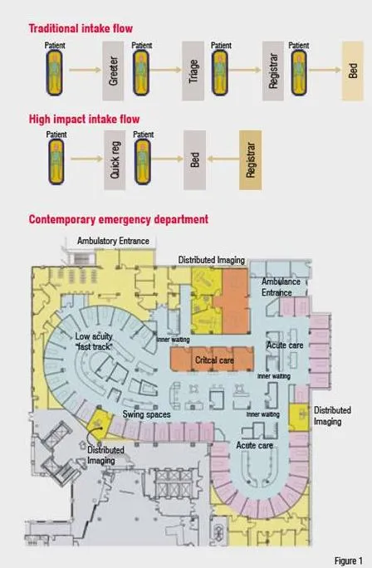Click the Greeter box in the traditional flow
point(113,71)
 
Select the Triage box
point(193,71)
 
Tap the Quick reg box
point(115,160)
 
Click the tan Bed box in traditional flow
point(353,71)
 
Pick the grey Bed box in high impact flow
point(194,160)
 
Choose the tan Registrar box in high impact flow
point(250,160)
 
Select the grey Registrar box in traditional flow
point(273,71)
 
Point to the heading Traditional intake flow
point(81,28)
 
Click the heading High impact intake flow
point(84,120)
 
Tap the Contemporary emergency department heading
point(119,219)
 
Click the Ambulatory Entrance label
point(113,241)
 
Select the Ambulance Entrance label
point(281,286)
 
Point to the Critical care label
point(214,360)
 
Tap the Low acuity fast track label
point(94,341)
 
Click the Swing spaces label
point(146,414)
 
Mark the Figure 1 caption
point(349,561)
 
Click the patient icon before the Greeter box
point(54,72)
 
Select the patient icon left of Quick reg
point(56,162)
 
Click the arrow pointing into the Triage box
point(165,70)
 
